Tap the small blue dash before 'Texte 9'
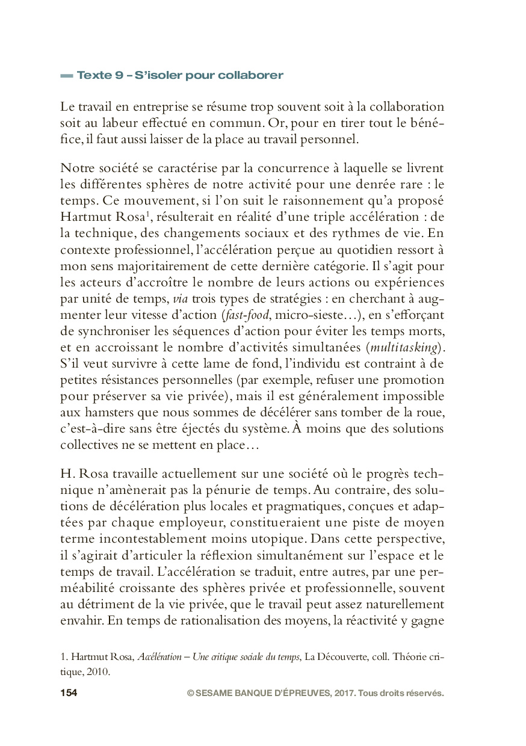pos(66,76)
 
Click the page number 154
pos(69,693)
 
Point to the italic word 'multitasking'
pos(405,347)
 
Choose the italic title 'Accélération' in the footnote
pos(159,656)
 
